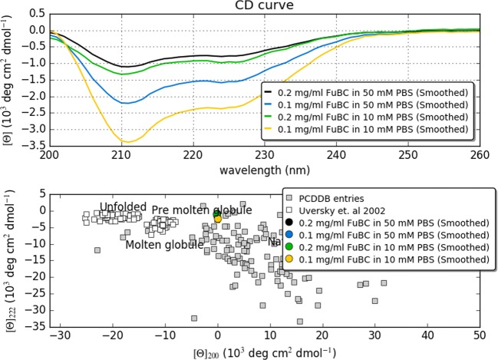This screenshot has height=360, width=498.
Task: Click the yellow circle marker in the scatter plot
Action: click(x=218, y=219)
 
